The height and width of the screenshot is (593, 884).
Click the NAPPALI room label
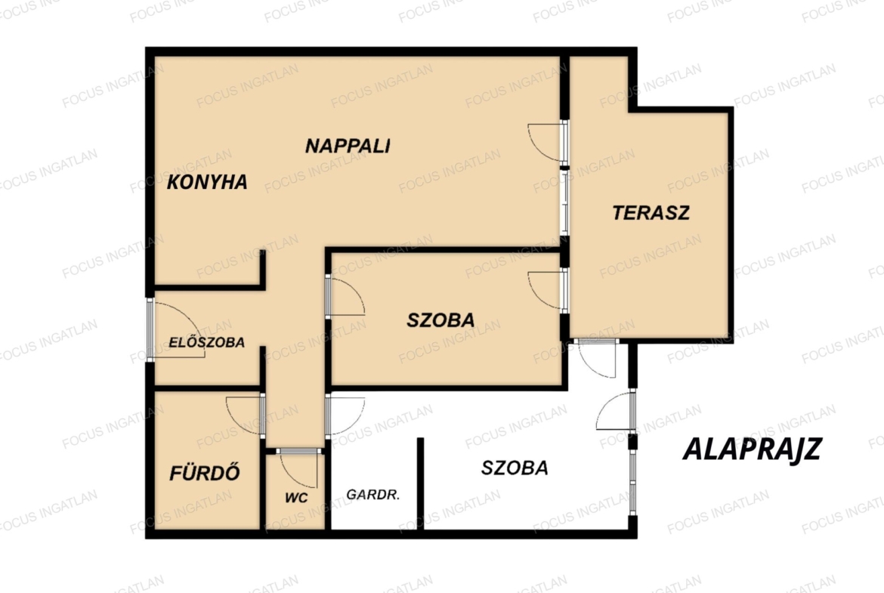pyautogui.click(x=348, y=146)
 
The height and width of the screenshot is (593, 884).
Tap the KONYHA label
pyautogui.click(x=207, y=182)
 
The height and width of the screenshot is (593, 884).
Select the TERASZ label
pyautogui.click(x=651, y=212)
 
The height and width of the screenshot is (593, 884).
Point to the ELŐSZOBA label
pyautogui.click(x=206, y=342)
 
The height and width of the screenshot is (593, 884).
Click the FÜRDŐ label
pyautogui.click(x=205, y=472)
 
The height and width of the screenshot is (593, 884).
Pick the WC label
pyautogui.click(x=296, y=498)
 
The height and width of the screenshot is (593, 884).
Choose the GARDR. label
pyautogui.click(x=372, y=494)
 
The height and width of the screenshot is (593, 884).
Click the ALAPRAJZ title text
pyautogui.click(x=752, y=449)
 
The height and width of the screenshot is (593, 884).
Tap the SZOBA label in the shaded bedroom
pyautogui.click(x=440, y=320)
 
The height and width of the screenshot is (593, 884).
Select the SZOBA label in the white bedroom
pyautogui.click(x=515, y=468)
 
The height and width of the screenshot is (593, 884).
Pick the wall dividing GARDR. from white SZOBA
pyautogui.click(x=420, y=483)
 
